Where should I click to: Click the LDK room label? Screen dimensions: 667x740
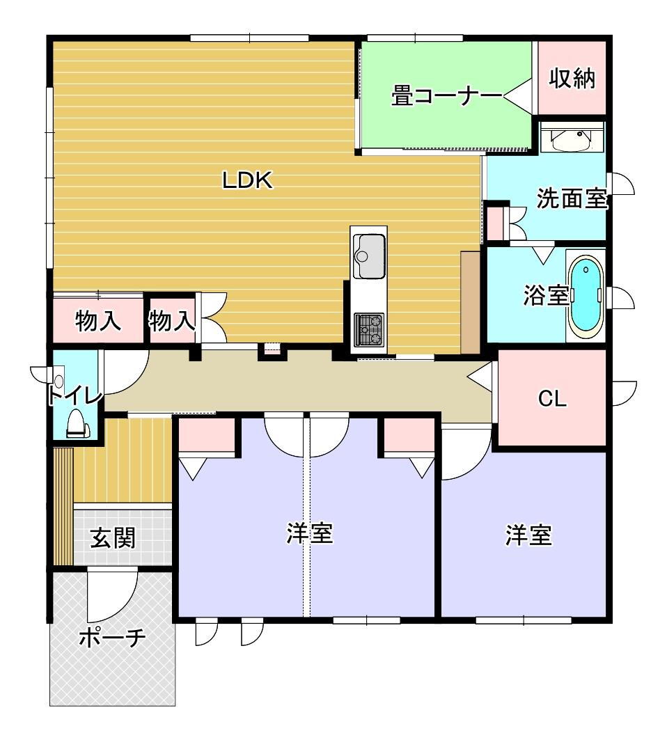[248, 180]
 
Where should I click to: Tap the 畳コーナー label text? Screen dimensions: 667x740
[446, 96]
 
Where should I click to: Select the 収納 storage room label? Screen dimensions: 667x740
[572, 78]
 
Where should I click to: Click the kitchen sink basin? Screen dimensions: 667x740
[369, 256]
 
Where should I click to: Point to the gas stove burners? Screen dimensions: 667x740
[369, 329]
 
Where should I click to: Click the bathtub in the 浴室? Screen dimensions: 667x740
[586, 296]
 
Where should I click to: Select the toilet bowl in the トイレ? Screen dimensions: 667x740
[76, 423]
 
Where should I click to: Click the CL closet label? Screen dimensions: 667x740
[552, 400]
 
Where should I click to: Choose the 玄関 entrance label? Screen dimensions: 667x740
[113, 538]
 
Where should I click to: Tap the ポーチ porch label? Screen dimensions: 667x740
[112, 638]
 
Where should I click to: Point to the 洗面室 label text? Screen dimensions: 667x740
[572, 198]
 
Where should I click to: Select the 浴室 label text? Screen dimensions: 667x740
[546, 295]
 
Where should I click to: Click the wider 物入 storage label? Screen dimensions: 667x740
[98, 322]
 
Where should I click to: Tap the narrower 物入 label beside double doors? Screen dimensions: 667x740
[171, 321]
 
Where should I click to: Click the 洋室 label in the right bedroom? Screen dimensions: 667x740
[528, 535]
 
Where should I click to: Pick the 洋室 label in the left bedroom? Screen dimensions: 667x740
[310, 533]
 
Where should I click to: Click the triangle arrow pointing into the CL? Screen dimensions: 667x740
[480, 376]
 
